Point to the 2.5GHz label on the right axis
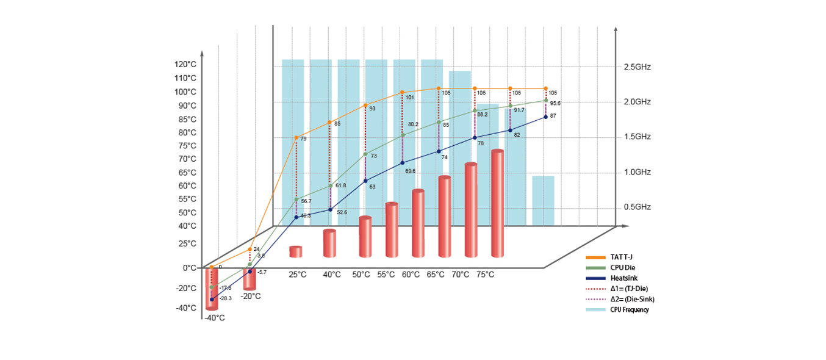click(x=637, y=67)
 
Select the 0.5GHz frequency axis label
click(x=637, y=207)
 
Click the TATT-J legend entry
click(x=621, y=257)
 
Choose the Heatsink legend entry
click(x=624, y=278)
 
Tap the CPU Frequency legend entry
click(x=629, y=310)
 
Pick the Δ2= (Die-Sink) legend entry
click(x=632, y=299)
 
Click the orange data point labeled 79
click(x=296, y=138)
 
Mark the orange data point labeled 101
click(x=402, y=93)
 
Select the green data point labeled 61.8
click(x=331, y=185)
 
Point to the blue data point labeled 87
click(x=545, y=117)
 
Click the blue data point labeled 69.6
click(x=402, y=163)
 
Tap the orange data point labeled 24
click(x=250, y=250)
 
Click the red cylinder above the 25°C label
click(x=296, y=252)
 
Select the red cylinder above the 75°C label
click(x=497, y=203)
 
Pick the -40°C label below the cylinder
click(x=214, y=318)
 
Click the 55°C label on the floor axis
click(x=386, y=275)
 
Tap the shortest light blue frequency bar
click(x=543, y=201)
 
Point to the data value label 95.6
click(x=555, y=104)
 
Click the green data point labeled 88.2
click(x=475, y=112)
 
